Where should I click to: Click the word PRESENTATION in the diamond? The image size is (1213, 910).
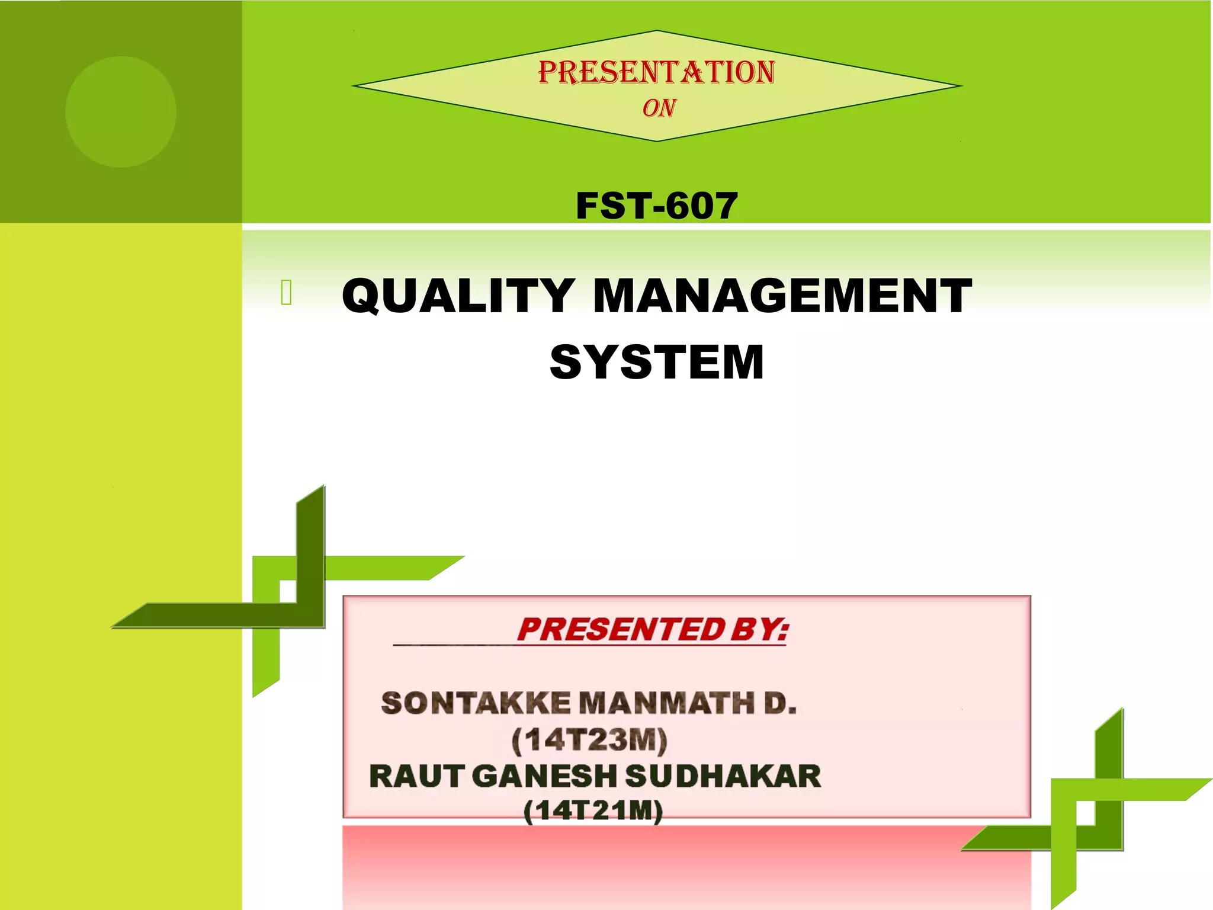pos(656,72)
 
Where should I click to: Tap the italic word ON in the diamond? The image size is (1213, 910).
pos(659,108)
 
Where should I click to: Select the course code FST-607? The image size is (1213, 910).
pos(656,206)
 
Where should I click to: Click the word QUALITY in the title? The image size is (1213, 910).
pos(458,296)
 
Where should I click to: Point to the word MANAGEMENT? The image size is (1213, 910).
pos(782,296)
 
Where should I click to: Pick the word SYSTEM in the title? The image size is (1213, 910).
pos(657,362)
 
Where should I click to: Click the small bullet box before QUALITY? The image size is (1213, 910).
pos(287,293)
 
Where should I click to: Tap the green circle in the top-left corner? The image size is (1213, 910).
pos(121,111)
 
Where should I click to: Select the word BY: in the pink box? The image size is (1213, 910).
pos(760,629)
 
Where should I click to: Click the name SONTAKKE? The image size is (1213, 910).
pos(476,704)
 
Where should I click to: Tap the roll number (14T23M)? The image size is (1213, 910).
pos(589,741)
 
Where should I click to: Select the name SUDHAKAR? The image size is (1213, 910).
pos(723,776)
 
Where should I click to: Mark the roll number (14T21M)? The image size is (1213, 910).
pos(593,811)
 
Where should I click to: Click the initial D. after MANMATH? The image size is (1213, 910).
pos(780,704)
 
